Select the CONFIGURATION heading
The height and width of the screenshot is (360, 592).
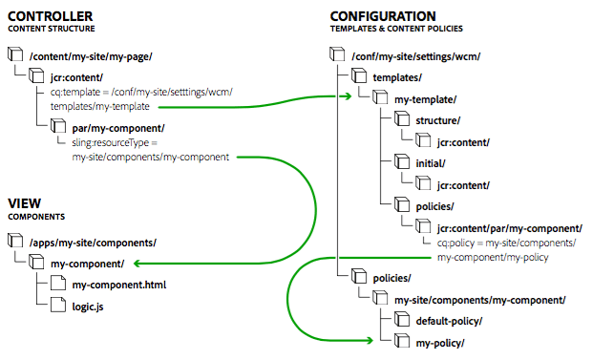(383, 16)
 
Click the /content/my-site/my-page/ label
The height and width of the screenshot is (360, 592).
(91, 56)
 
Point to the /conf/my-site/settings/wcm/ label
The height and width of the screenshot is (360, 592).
(418, 56)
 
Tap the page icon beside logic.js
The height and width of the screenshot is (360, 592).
(56, 305)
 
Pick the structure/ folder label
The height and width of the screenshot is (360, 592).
(438, 120)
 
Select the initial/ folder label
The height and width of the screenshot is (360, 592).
(433, 162)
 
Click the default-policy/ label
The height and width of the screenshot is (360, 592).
(449, 321)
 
